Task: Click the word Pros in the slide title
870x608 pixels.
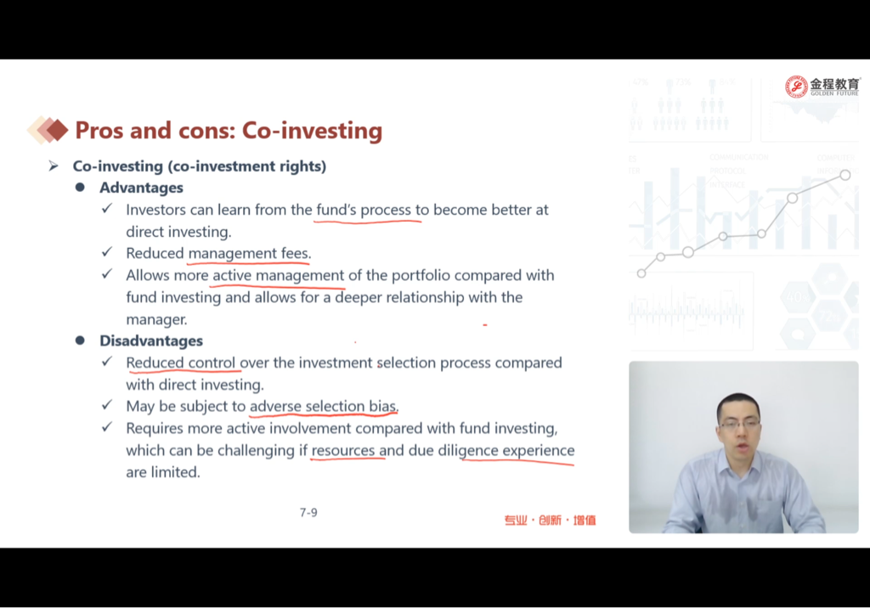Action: pyautogui.click(x=100, y=131)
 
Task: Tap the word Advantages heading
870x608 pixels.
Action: pyautogui.click(x=142, y=188)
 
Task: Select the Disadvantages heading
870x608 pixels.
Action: pyautogui.click(x=151, y=341)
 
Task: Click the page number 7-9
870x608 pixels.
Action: pyautogui.click(x=308, y=513)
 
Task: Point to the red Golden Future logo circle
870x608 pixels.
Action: pyautogui.click(x=796, y=87)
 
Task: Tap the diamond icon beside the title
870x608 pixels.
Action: pyautogui.click(x=48, y=130)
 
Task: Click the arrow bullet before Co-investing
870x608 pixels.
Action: pyautogui.click(x=54, y=166)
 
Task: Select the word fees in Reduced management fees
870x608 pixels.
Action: pyautogui.click(x=297, y=253)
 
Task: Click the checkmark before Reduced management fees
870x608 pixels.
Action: pyautogui.click(x=107, y=252)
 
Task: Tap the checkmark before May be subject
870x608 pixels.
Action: pyautogui.click(x=107, y=405)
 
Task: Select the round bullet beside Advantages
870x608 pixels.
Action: pyautogui.click(x=80, y=188)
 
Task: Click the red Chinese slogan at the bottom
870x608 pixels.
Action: pyautogui.click(x=550, y=520)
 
